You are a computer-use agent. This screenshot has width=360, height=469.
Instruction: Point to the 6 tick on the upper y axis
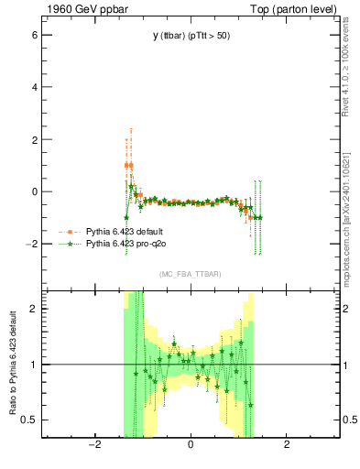click(x=34, y=35)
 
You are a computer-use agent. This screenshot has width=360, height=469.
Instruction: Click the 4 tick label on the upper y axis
click(x=34, y=87)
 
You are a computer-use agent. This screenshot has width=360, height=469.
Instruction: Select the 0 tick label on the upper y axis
click(x=34, y=191)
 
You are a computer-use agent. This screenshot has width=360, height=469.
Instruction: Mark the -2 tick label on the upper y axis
click(x=31, y=244)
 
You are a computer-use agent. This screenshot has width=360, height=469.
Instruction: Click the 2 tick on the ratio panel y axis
click(x=34, y=309)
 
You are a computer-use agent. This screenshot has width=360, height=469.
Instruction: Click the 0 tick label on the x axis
click(x=191, y=446)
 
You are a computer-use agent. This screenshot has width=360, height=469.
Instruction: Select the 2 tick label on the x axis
click(x=287, y=446)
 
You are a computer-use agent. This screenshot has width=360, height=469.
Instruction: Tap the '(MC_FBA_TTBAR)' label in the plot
click(x=191, y=275)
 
